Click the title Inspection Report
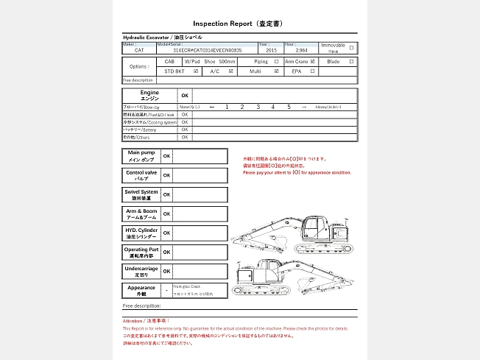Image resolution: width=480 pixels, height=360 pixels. click(221, 24)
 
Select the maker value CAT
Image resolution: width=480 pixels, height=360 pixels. click(139, 50)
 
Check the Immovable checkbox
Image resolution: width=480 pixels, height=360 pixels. click(351, 48)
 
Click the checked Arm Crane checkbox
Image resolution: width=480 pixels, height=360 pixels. click(313, 62)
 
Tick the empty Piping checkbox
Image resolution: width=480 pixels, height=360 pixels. click(276, 62)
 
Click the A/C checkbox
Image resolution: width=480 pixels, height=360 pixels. click(231, 71)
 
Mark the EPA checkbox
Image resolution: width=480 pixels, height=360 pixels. click(313, 71)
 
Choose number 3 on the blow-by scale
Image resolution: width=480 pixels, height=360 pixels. click(258, 107)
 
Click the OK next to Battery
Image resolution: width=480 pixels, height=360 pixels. click(185, 130)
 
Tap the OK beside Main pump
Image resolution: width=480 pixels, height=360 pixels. click(166, 156)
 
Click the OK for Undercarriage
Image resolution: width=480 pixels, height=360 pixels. click(166, 271)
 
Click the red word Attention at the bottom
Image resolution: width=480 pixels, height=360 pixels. click(134, 321)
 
